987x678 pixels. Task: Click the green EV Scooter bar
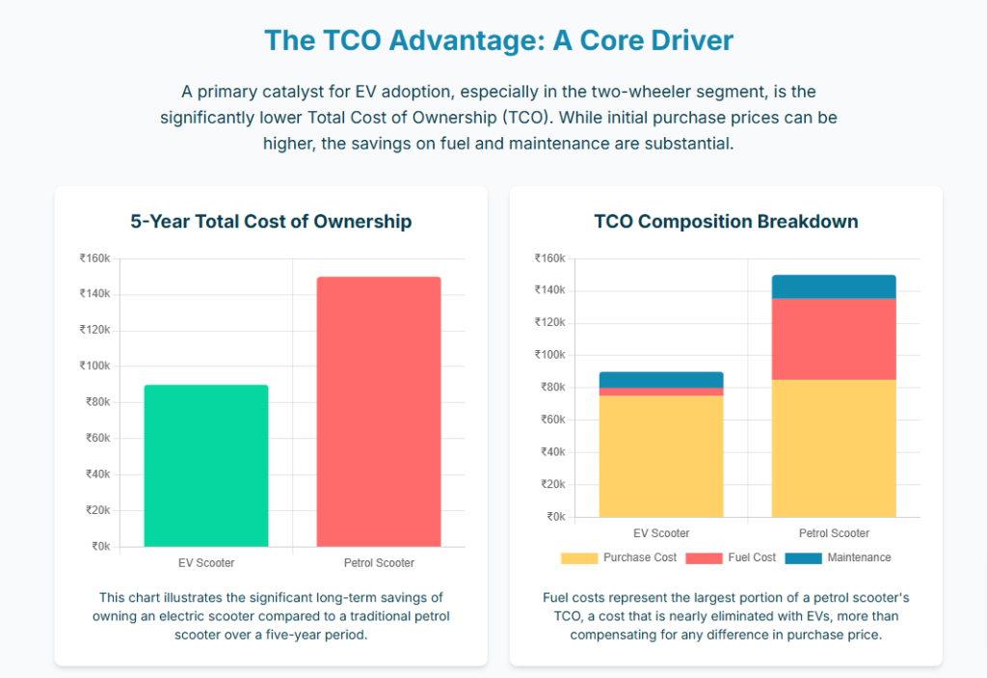[206, 466]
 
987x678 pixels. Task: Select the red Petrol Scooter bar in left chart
[379, 412]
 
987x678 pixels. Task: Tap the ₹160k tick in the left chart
[94, 258]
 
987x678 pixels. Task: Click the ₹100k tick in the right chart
[549, 355]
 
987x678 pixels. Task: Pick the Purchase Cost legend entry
[619, 557]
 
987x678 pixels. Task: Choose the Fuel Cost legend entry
[733, 557]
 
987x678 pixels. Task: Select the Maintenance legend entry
[838, 557]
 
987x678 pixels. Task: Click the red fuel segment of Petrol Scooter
[834, 339]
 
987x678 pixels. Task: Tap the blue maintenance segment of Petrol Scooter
[834, 286]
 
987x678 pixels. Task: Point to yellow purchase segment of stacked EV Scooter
[661, 455]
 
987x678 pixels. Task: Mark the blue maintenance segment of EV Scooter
[661, 379]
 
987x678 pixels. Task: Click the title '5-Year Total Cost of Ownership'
[271, 221]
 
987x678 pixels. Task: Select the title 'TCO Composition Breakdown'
[726, 221]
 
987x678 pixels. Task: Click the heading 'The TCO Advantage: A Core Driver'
[498, 41]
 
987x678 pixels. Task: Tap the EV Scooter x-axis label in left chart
[206, 562]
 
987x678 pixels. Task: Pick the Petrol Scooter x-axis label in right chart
[834, 532]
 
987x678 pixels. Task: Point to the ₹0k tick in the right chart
[555, 517]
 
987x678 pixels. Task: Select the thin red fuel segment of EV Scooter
[661, 392]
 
